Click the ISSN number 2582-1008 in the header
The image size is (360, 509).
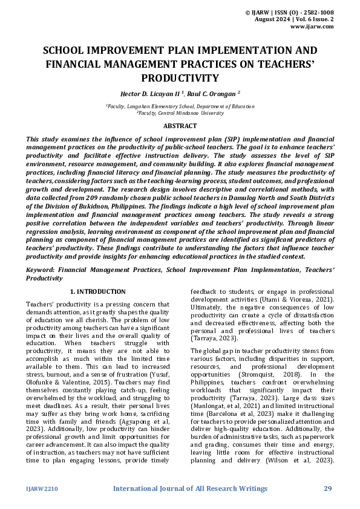click(319, 11)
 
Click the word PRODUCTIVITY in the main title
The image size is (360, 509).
click(180, 78)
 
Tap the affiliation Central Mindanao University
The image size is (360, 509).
click(191, 112)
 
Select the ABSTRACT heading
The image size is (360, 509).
click(180, 126)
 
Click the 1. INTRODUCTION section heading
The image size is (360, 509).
click(98, 291)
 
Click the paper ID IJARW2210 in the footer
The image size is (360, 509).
click(42, 488)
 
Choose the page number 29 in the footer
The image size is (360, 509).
click(328, 488)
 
